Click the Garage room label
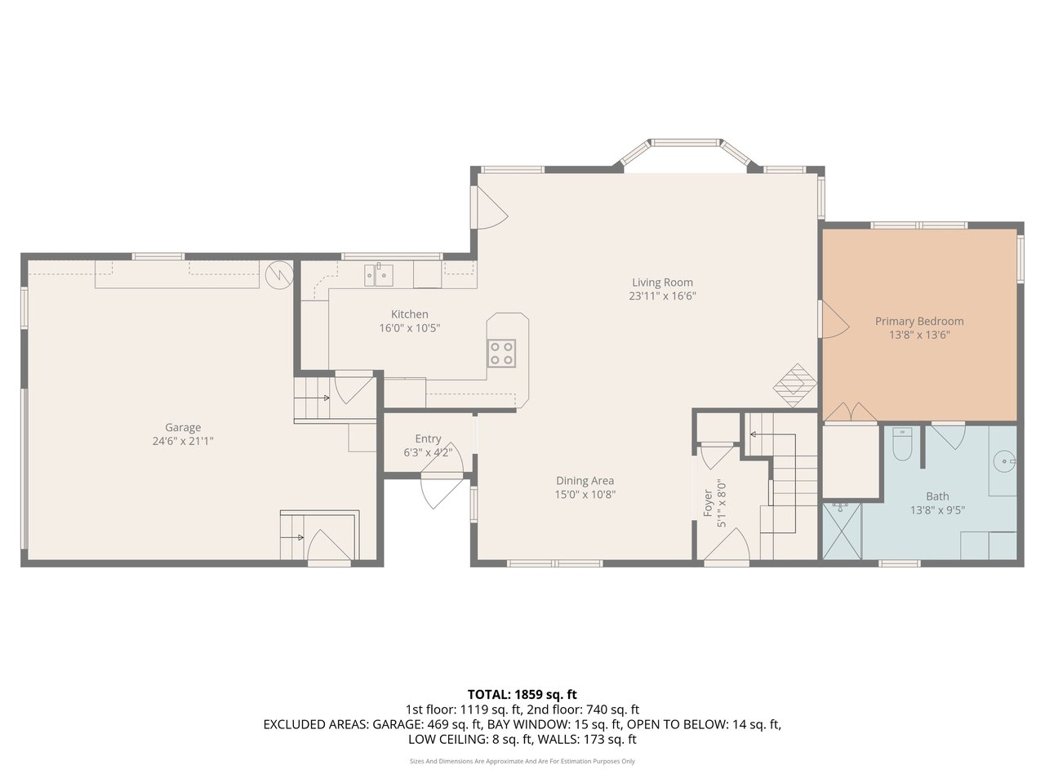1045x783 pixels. [183, 427]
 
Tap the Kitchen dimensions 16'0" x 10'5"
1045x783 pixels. [410, 328]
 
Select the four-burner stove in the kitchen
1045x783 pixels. [501, 354]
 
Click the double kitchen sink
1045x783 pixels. [379, 276]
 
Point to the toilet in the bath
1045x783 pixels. [902, 443]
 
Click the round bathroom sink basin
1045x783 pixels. [1004, 460]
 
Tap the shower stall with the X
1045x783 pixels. [842, 532]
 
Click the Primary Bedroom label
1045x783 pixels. [919, 322]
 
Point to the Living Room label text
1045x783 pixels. [662, 283]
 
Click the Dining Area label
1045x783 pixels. [585, 481]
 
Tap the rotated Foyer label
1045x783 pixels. [708, 503]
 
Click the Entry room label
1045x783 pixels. [428, 438]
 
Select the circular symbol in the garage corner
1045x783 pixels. [279, 274]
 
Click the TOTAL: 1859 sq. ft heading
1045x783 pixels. [522, 694]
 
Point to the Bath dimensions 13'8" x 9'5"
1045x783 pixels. [937, 510]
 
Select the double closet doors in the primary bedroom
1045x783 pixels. [851, 412]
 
